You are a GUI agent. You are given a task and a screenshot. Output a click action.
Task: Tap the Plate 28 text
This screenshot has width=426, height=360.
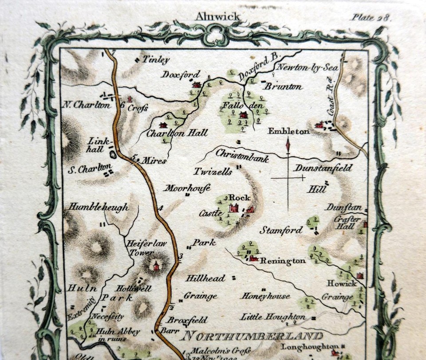pos(371,17)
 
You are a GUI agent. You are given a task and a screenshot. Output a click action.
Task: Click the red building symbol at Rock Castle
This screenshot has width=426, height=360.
pos(234,207)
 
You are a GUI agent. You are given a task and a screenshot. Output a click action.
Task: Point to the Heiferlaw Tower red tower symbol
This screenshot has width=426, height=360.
pos(156,265)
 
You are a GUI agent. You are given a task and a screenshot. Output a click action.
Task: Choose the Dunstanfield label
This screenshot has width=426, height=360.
pos(323,169)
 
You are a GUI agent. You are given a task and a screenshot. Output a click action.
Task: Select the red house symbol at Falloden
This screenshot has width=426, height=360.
pos(243,115)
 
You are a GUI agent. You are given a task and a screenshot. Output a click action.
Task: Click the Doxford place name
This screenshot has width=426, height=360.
pos(181,74)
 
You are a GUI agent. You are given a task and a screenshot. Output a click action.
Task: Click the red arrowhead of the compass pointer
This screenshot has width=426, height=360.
pos(288,144)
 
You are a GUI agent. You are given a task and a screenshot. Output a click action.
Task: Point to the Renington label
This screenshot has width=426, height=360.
pos(283,261)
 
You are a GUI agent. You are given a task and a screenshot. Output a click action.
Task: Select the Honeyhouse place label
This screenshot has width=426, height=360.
pos(266,296)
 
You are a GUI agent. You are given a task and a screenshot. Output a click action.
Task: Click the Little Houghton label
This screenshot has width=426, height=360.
pos(272,317)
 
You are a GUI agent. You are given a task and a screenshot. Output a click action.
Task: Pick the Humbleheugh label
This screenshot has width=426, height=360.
pos(99,207)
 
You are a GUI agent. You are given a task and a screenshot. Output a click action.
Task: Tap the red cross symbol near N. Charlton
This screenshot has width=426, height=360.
pos(130,99)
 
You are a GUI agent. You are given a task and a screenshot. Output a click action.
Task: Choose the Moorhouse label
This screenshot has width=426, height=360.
pos(187,188)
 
